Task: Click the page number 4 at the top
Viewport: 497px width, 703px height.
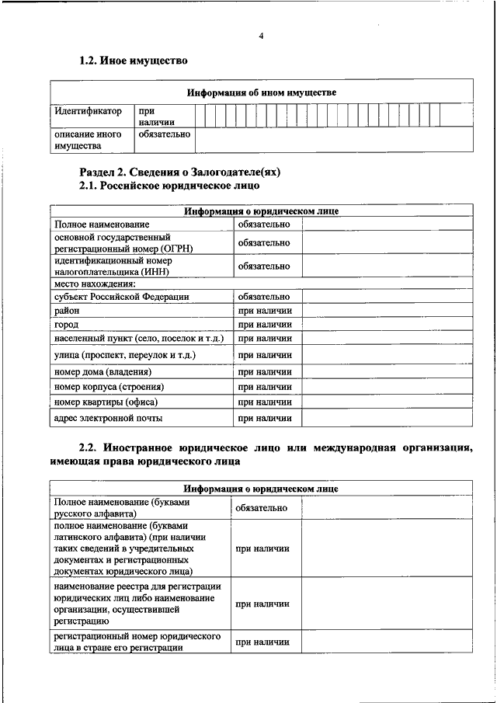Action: (262, 36)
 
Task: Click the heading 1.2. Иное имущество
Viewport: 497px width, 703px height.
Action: (134, 61)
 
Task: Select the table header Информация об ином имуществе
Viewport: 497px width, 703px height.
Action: (262, 92)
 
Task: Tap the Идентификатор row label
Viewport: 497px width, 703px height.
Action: (89, 111)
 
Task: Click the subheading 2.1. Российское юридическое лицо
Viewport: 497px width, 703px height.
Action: (169, 186)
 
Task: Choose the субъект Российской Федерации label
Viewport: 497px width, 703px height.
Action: (122, 297)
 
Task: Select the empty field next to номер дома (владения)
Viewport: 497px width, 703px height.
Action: (387, 372)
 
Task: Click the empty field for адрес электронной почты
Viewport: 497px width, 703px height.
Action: (387, 419)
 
